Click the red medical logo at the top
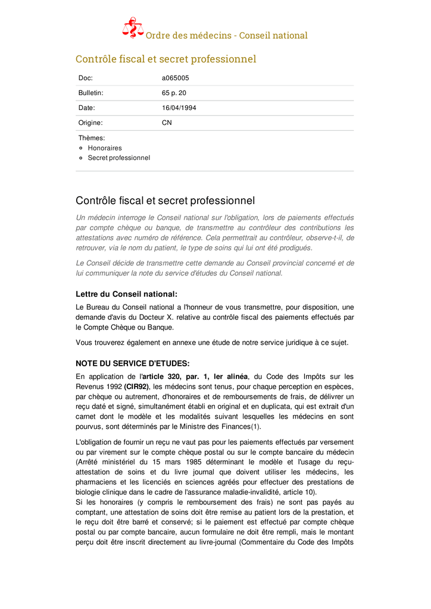coord(133,28)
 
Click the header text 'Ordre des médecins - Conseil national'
coord(227,35)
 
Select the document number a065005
coord(176,78)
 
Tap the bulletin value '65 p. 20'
coord(174,93)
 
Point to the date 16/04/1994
coord(179,108)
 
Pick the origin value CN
coord(167,123)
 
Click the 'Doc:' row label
coord(86,78)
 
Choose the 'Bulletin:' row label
coord(91,93)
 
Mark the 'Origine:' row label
coord(90,123)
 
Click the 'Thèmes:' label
coord(92,138)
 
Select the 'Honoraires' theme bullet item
coord(105,148)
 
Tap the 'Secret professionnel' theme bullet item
coord(119,158)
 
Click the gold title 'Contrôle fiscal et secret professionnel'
coord(165,59)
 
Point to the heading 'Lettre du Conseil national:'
coord(126,294)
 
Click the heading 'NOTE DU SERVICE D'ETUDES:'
coord(133,363)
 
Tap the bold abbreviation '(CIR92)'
coord(137,387)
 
